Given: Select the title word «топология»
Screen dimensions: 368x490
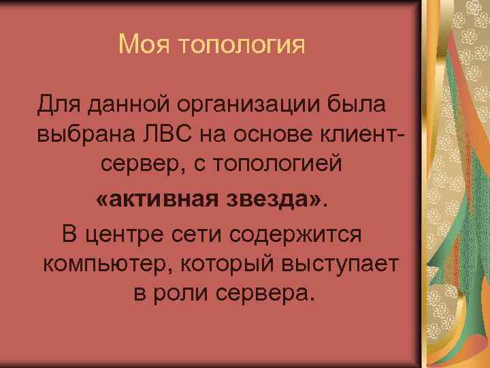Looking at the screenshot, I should (x=240, y=46).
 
